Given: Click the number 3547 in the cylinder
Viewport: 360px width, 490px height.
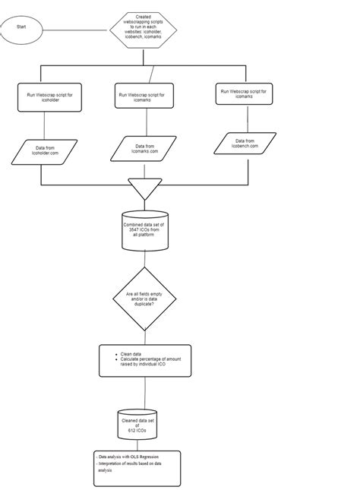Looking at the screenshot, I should tap(135, 230).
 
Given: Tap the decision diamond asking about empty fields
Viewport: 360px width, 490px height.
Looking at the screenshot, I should tap(144, 298).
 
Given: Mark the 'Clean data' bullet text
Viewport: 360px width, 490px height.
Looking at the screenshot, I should tap(132, 354).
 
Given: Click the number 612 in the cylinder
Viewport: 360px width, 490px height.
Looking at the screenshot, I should tap(137, 429).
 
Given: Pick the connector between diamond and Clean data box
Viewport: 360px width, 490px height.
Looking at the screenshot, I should tap(144, 337).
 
